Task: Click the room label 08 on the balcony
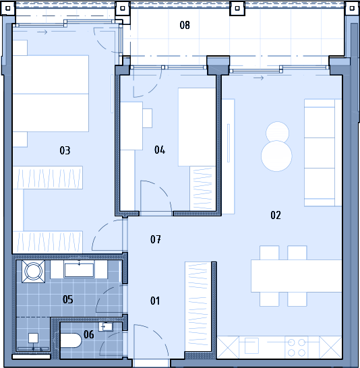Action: click(x=185, y=25)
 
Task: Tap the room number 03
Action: click(x=65, y=150)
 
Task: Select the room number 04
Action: click(x=160, y=150)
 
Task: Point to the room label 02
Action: click(x=276, y=215)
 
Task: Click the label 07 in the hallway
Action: click(x=156, y=239)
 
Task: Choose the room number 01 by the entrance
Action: click(x=155, y=301)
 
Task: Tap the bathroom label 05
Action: click(x=68, y=299)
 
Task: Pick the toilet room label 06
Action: click(x=89, y=334)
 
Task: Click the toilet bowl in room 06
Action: click(x=71, y=340)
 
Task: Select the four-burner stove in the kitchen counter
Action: click(x=296, y=347)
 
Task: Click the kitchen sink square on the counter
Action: click(x=251, y=346)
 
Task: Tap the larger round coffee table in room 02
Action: click(x=276, y=156)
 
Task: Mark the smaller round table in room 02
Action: click(x=277, y=133)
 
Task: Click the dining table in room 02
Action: click(x=296, y=276)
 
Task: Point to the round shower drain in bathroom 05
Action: click(x=33, y=272)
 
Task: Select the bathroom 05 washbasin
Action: click(x=79, y=270)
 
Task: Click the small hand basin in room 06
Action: click(x=106, y=326)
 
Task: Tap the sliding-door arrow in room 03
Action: click(x=42, y=32)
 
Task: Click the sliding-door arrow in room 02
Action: click(x=258, y=78)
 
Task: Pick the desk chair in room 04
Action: click(x=148, y=118)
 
